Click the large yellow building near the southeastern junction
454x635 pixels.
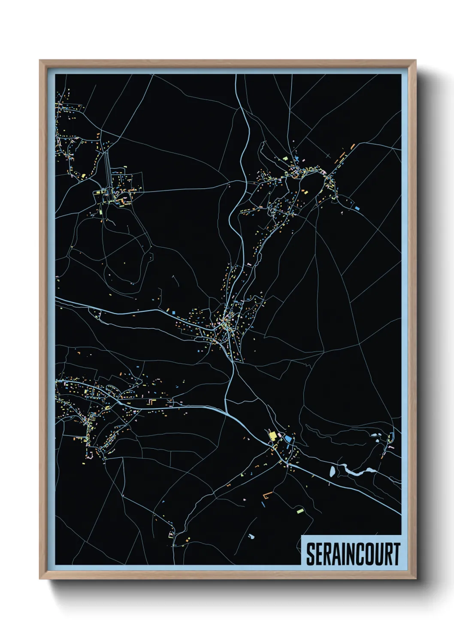[x=272, y=436]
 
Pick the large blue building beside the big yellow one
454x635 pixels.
[x=288, y=439]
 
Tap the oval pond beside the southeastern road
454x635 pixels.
[x=332, y=472]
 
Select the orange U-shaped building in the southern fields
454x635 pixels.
[x=267, y=495]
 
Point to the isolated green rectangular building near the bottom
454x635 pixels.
[x=300, y=511]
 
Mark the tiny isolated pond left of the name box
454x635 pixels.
[x=251, y=536]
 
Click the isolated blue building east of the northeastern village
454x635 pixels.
[x=357, y=208]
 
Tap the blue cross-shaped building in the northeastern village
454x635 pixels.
[x=296, y=159]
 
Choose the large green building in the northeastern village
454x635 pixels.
[x=285, y=158]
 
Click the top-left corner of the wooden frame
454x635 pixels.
[x=40, y=60]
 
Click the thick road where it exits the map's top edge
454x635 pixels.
[x=236, y=75]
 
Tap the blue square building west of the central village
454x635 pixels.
[x=174, y=313]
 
